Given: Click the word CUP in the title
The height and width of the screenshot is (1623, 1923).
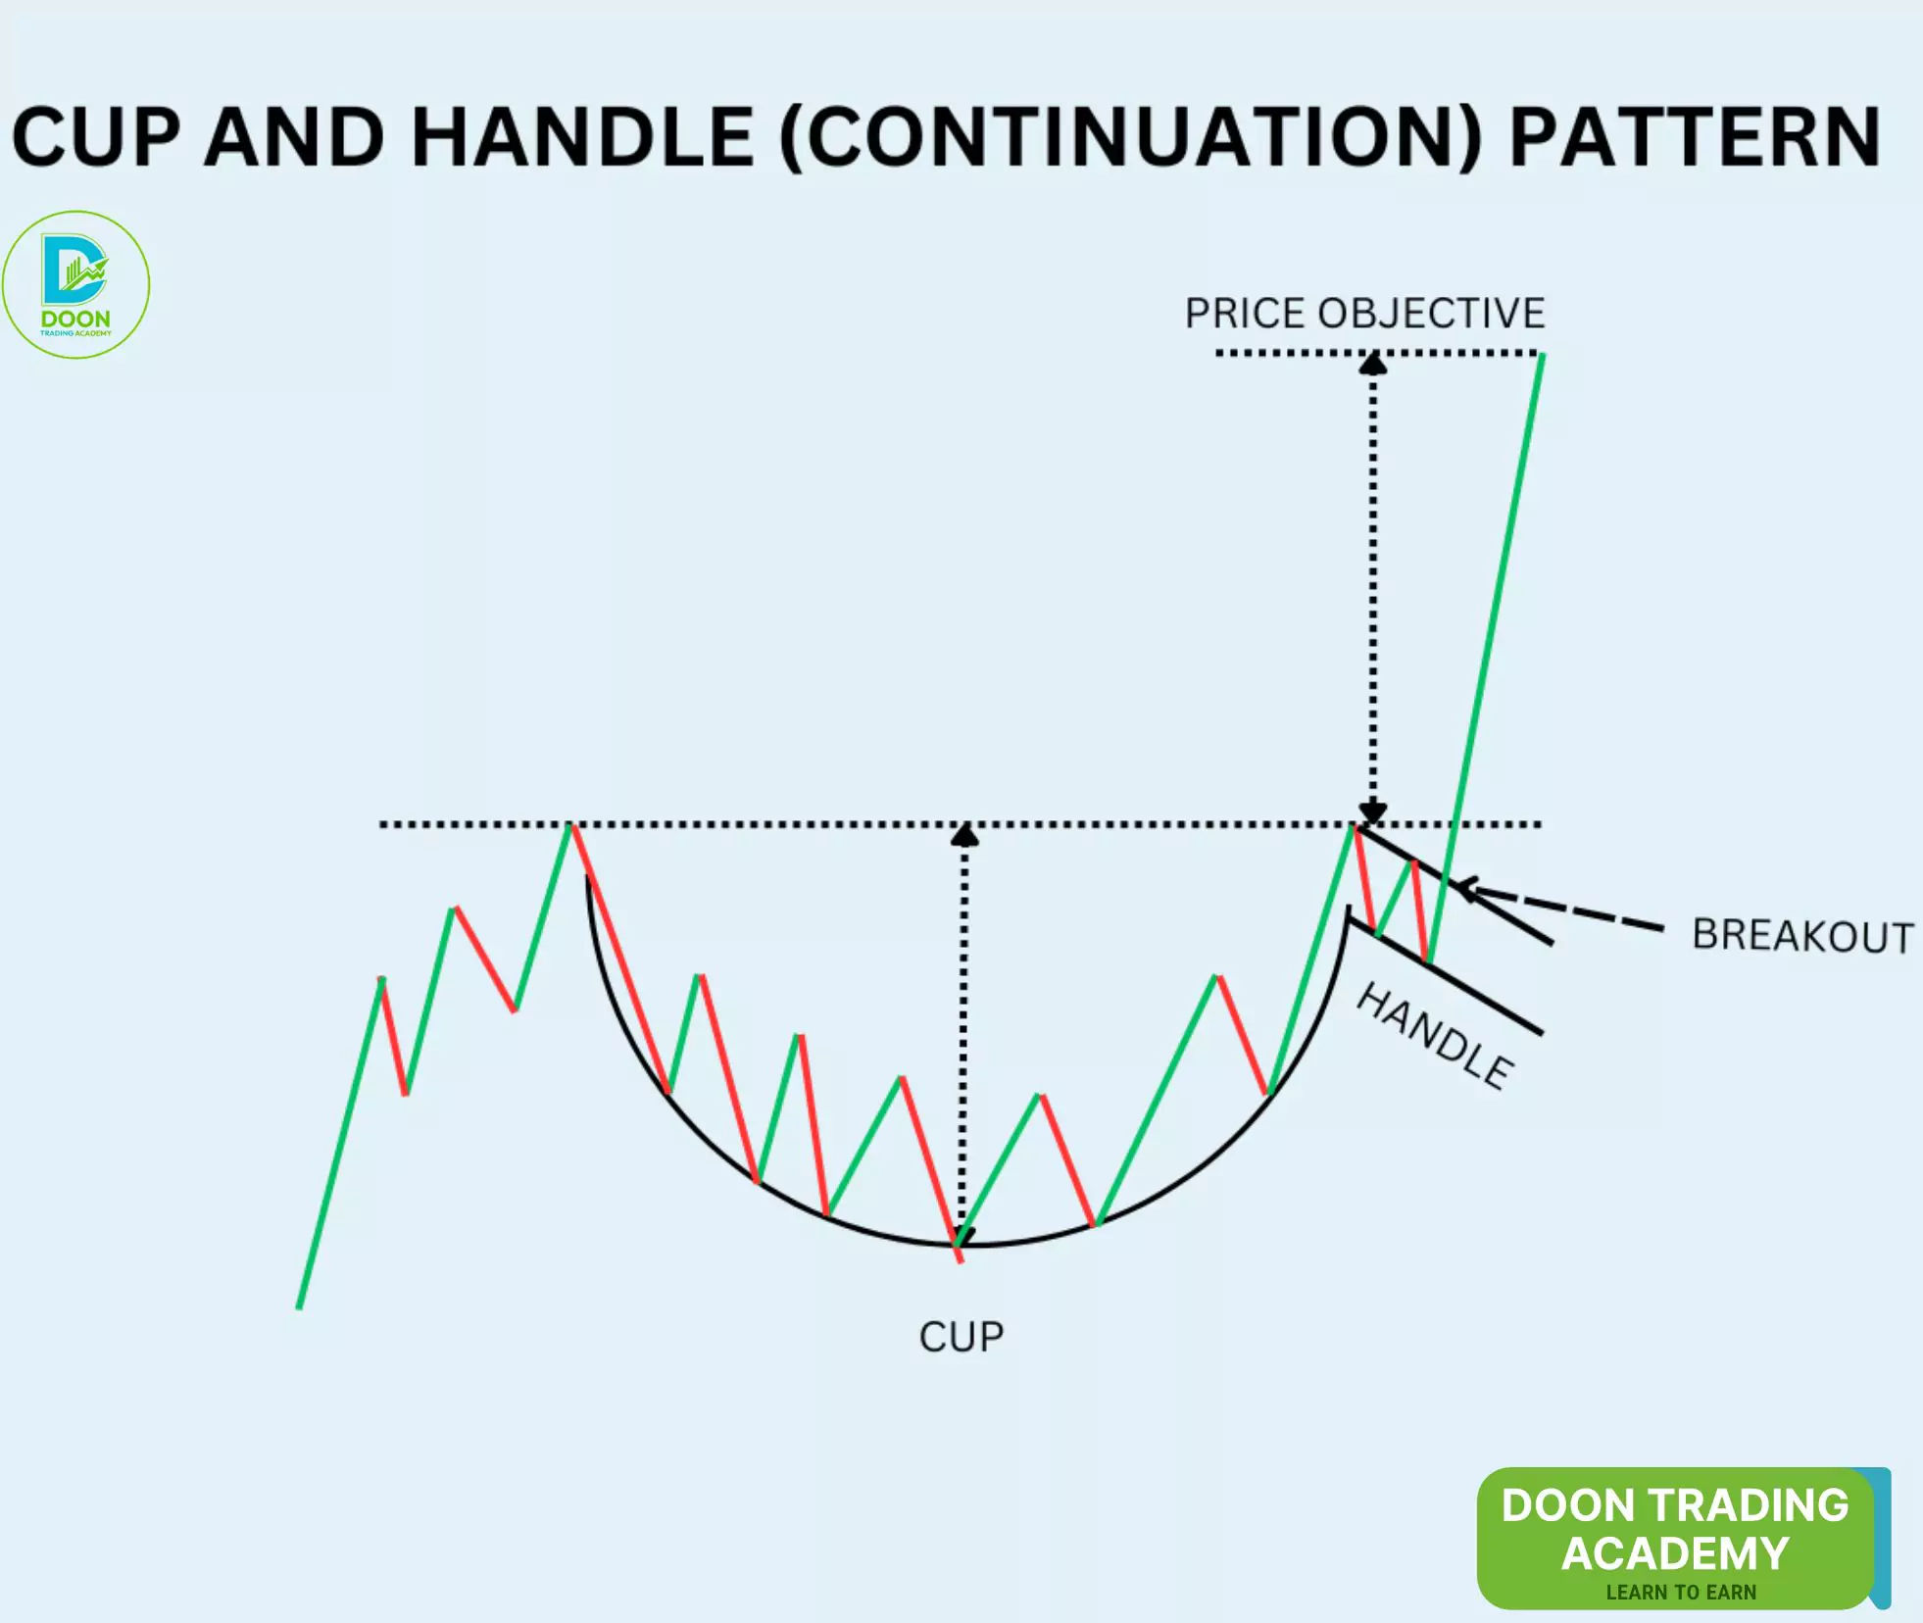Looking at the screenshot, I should coord(96,138).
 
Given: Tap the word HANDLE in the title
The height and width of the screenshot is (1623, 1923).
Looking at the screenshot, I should coord(582,138).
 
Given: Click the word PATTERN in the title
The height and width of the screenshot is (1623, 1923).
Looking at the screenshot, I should coord(1695,138).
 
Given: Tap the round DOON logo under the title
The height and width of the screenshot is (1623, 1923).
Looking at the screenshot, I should coord(75,284).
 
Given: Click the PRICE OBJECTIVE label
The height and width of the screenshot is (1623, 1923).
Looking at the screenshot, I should coord(1364,314).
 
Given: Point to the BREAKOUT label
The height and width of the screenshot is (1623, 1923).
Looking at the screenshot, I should coord(1801,935).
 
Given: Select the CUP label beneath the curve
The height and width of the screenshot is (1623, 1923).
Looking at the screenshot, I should coord(961,1337).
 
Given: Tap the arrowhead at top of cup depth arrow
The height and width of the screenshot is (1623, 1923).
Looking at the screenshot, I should coord(964,835).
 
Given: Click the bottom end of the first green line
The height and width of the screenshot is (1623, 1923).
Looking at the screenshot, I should coord(299,1306).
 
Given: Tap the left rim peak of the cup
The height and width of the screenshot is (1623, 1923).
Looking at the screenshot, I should coord(571,827).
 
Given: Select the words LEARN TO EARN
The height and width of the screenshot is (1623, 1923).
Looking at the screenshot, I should coord(1680,1592).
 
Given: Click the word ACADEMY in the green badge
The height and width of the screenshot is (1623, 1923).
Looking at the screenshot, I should coord(1675,1552).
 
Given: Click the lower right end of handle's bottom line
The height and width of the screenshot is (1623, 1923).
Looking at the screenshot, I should coord(1540,1032).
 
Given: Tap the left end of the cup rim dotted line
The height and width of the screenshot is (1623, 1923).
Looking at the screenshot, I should coord(382,825).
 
